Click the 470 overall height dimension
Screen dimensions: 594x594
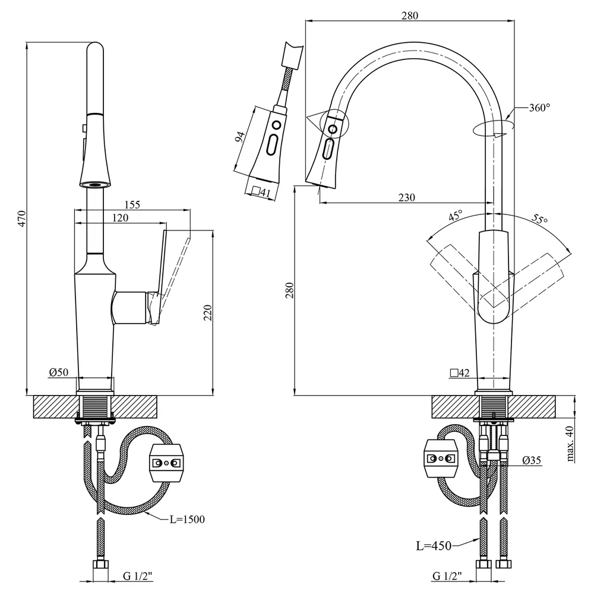point(22,218)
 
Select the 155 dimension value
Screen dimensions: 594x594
point(132,204)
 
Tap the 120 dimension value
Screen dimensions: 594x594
point(121,218)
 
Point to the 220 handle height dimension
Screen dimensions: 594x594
point(208,312)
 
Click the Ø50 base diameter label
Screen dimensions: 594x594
point(59,372)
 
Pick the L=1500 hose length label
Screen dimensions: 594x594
point(187,519)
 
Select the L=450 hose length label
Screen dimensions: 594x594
point(434,545)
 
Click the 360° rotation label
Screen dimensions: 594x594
point(539,108)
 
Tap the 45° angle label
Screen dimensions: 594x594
point(456,215)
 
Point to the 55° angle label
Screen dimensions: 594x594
point(539,219)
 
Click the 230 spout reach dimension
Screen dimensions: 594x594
point(406,197)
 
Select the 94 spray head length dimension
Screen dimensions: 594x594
point(239,137)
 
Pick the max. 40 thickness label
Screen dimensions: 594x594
point(570,444)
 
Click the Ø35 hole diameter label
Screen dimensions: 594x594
point(532,460)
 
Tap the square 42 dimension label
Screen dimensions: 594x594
point(460,373)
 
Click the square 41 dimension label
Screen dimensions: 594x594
point(261,192)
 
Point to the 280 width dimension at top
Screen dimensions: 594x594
point(410,15)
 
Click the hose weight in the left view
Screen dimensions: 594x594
point(167,463)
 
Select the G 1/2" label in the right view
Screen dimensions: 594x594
point(447,576)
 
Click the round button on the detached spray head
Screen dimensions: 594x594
point(276,125)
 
